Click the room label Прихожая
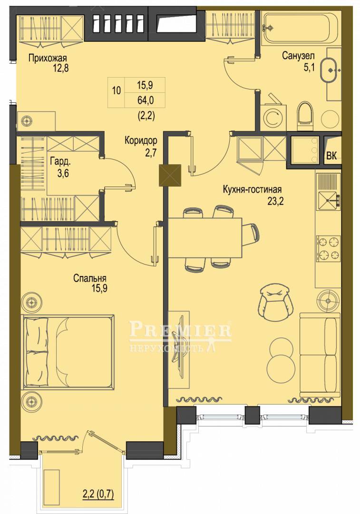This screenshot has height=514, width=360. tap(48, 59)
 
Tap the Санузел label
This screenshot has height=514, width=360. tap(299, 56)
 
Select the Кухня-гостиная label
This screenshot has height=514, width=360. tap(252, 189)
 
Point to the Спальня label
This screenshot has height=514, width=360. tap(89, 278)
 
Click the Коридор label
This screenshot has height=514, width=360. tap(141, 140)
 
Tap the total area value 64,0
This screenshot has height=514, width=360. tap(145, 100)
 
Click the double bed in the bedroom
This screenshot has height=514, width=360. tap(68, 353)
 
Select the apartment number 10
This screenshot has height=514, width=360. tap(117, 90)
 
